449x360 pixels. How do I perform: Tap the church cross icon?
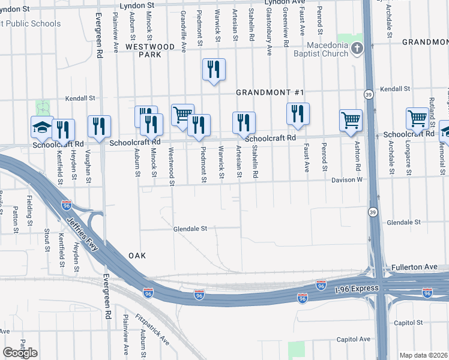[x=357, y=47]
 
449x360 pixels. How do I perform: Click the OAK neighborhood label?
[x=137, y=256]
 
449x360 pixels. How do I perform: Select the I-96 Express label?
[x=357, y=289]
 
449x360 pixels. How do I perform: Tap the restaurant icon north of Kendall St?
[x=214, y=70]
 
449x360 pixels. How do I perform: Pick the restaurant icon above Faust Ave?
[x=298, y=113]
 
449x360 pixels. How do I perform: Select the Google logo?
[x=20, y=353]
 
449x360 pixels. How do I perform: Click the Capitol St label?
[x=409, y=322]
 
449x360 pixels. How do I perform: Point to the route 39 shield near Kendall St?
[x=367, y=94]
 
